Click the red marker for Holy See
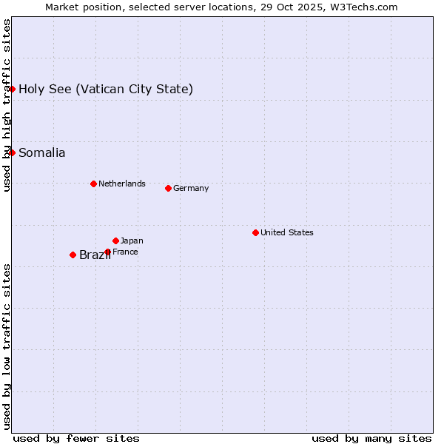[12, 89]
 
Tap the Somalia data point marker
[12, 152]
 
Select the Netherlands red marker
[93, 184]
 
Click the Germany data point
[168, 188]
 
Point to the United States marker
[255, 232]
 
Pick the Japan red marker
[115, 240]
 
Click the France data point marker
[107, 252]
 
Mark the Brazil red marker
[73, 255]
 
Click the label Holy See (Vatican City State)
[106, 90]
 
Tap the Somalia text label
[41, 153]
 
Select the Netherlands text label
[122, 184]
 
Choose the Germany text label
[191, 188]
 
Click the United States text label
[287, 232]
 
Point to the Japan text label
[132, 240]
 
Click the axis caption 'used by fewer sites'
[76, 438]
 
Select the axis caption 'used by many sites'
[371, 438]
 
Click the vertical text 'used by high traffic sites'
[7, 105]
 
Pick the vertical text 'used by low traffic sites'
[7, 346]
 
